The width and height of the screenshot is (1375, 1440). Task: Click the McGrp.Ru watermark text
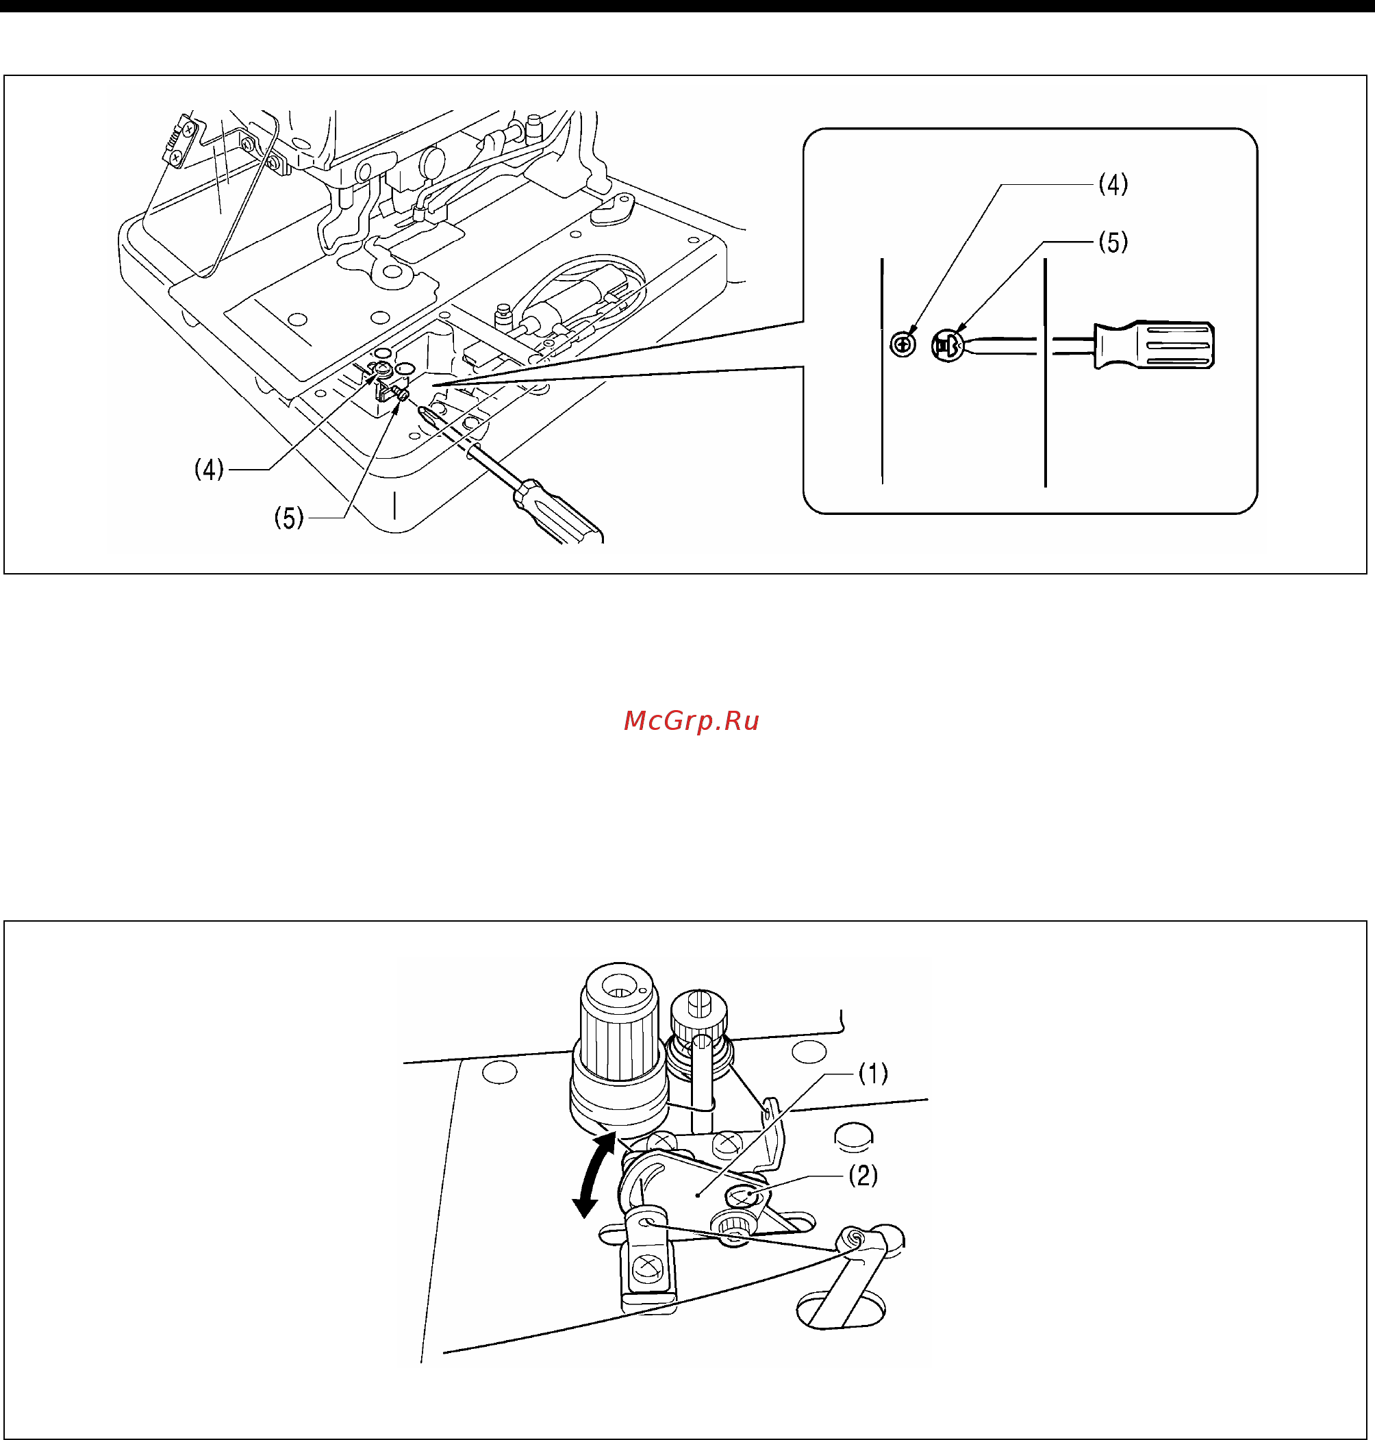pyautogui.click(x=690, y=721)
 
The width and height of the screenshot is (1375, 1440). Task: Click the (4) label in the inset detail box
pyautogui.click(x=1113, y=185)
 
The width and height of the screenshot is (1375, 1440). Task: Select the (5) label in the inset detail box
pyautogui.click(x=1113, y=242)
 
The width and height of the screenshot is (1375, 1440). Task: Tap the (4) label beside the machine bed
pyautogui.click(x=209, y=469)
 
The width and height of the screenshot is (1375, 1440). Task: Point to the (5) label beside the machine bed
pyautogui.click(x=289, y=518)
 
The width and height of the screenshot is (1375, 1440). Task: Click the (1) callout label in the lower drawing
pyautogui.click(x=873, y=1074)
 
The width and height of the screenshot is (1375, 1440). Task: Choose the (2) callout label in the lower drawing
pyautogui.click(x=863, y=1176)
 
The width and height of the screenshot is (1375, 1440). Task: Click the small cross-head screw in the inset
pyautogui.click(x=903, y=344)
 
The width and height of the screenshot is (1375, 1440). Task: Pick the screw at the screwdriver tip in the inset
pyautogui.click(x=947, y=346)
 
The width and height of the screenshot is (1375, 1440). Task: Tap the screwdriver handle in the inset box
pyautogui.click(x=1154, y=344)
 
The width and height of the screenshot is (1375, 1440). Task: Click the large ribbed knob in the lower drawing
pyautogui.click(x=619, y=1041)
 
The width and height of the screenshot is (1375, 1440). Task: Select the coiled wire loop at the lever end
pyautogui.click(x=853, y=1239)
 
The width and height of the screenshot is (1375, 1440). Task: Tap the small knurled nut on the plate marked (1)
pyautogui.click(x=731, y=1222)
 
